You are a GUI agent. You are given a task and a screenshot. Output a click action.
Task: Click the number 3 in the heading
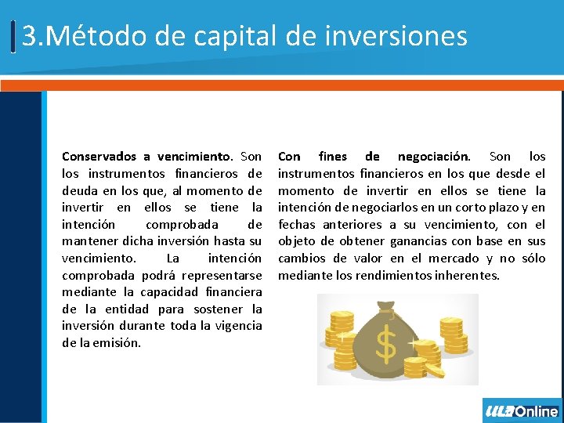(x=29, y=36)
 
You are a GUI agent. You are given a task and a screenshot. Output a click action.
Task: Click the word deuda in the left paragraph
(x=79, y=191)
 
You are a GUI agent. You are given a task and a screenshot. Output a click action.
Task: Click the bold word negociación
(x=433, y=157)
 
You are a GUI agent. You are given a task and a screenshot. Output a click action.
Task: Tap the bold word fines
(x=333, y=157)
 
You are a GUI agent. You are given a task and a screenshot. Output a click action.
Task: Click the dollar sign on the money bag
(x=387, y=343)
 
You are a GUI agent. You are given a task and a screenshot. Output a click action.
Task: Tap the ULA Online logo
(x=522, y=411)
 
